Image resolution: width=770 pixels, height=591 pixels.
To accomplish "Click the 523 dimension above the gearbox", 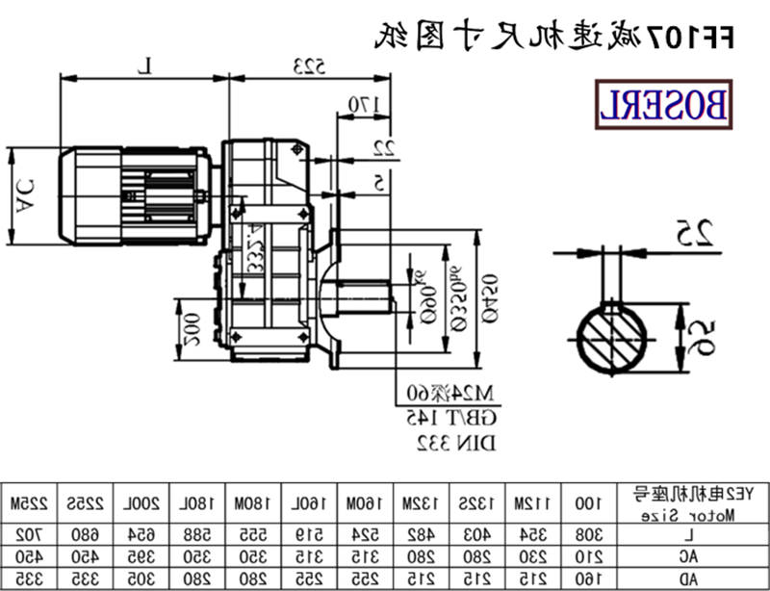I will (x=308, y=66).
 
